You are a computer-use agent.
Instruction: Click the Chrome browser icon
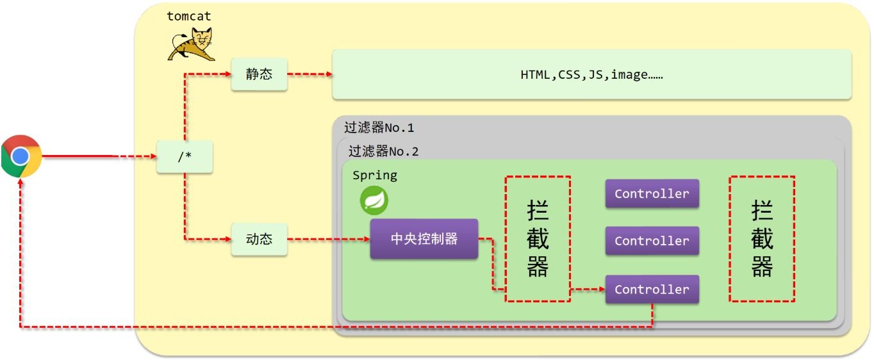(x=21, y=156)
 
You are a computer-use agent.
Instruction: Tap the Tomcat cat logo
(x=192, y=44)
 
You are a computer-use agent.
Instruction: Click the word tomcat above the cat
(x=188, y=17)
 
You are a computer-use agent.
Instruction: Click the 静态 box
(x=259, y=74)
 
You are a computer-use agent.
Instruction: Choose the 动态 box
(x=259, y=239)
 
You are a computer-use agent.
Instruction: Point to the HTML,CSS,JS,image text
(x=591, y=75)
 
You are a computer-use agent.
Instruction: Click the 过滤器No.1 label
(x=379, y=127)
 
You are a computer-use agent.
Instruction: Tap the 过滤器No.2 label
(x=383, y=152)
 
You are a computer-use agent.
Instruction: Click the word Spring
(x=375, y=176)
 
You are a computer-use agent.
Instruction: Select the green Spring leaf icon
(x=374, y=201)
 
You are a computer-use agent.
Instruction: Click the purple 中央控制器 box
(x=424, y=239)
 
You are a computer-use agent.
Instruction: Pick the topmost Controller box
(x=652, y=193)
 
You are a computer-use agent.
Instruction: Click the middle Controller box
(x=652, y=241)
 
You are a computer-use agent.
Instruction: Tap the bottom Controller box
(x=652, y=290)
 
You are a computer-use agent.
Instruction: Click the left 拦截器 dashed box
(x=538, y=239)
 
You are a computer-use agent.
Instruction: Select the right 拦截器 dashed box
(x=762, y=239)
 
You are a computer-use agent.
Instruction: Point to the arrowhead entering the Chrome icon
(x=21, y=182)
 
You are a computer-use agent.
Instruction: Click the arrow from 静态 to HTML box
(x=309, y=74)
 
